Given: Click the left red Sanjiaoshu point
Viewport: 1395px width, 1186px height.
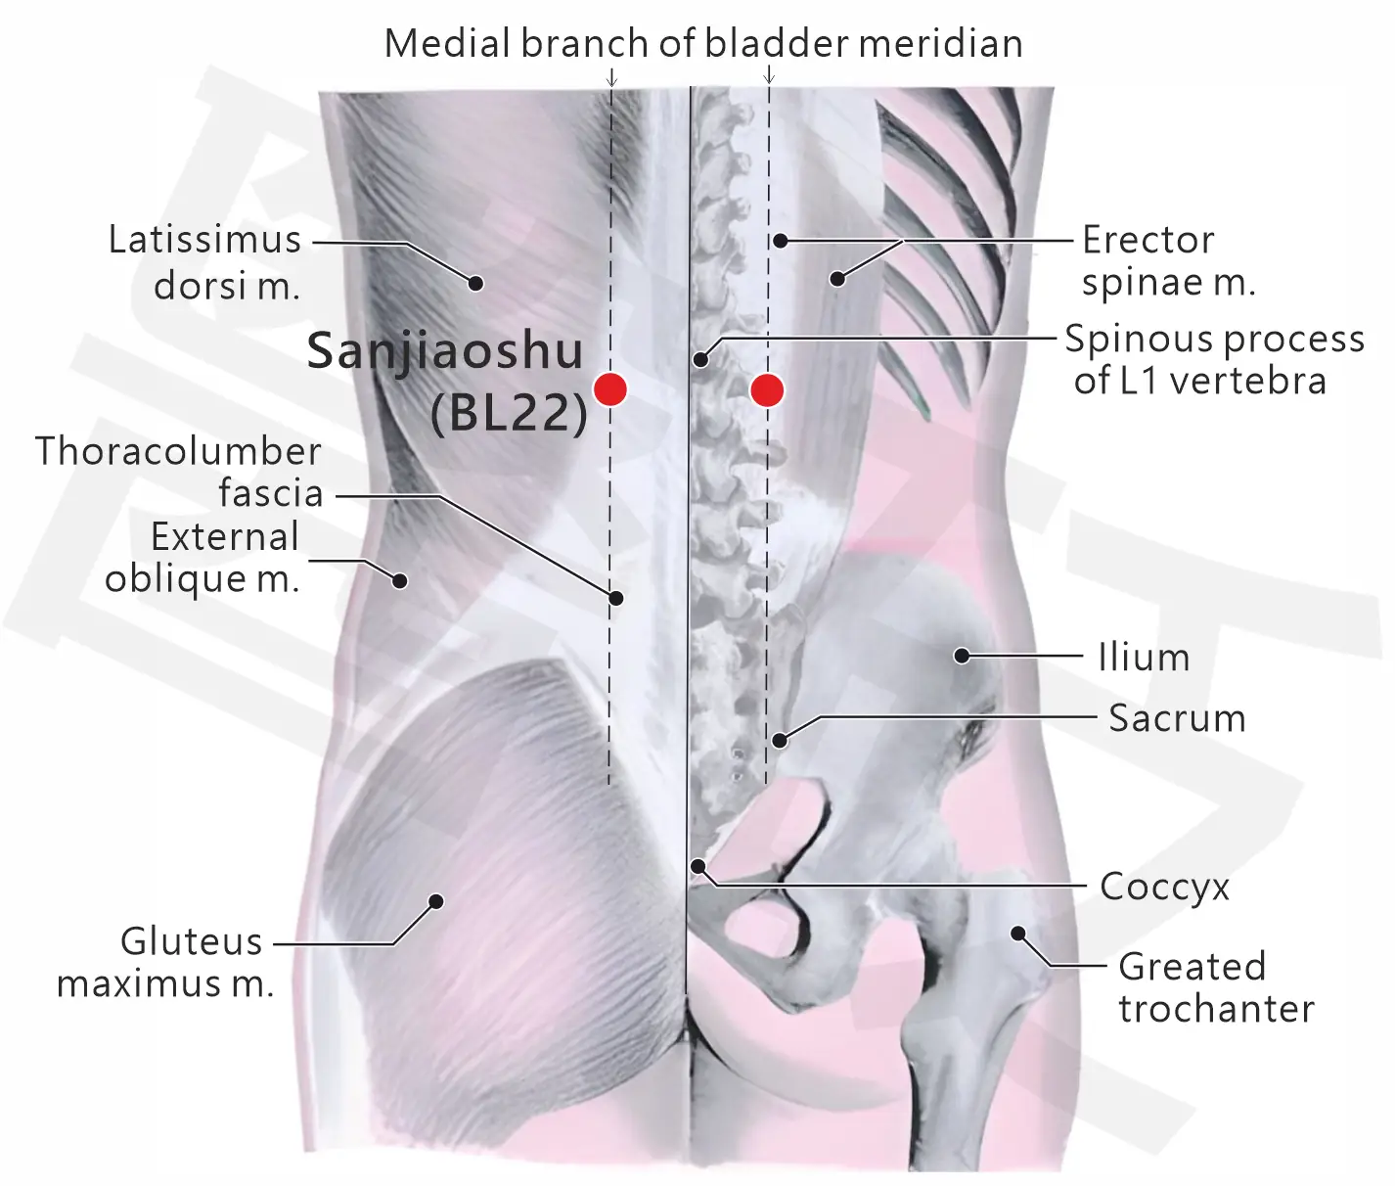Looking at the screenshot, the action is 610,389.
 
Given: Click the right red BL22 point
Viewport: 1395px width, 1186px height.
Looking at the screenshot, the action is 767,390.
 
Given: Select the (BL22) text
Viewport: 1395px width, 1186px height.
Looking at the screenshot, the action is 509,412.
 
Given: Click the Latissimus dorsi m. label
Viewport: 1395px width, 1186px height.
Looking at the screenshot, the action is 205,262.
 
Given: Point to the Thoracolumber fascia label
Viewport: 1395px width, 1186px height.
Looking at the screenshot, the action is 179,472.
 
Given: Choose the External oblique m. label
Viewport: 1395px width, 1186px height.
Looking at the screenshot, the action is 202,558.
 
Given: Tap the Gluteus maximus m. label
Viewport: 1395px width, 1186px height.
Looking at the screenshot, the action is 165,962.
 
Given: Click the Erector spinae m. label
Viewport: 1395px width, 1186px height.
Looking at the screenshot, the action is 1168,260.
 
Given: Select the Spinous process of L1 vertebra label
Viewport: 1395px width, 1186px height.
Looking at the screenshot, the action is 1214,360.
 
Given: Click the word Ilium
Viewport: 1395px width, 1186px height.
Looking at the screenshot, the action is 1144,657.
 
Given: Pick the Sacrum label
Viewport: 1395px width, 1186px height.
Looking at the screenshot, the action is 1177,717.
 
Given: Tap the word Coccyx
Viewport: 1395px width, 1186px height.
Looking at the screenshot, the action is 1164,887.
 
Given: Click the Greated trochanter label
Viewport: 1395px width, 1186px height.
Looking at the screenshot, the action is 1216,988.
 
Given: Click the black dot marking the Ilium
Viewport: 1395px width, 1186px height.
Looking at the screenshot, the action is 962,655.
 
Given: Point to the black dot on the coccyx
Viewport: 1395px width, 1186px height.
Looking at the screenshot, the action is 697,866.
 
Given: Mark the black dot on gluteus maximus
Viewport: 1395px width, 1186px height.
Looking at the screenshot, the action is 436,901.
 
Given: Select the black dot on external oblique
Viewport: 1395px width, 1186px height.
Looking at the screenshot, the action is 399,580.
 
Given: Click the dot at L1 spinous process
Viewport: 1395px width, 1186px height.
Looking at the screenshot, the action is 700,360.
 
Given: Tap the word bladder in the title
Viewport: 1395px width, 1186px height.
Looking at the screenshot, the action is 776,43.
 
